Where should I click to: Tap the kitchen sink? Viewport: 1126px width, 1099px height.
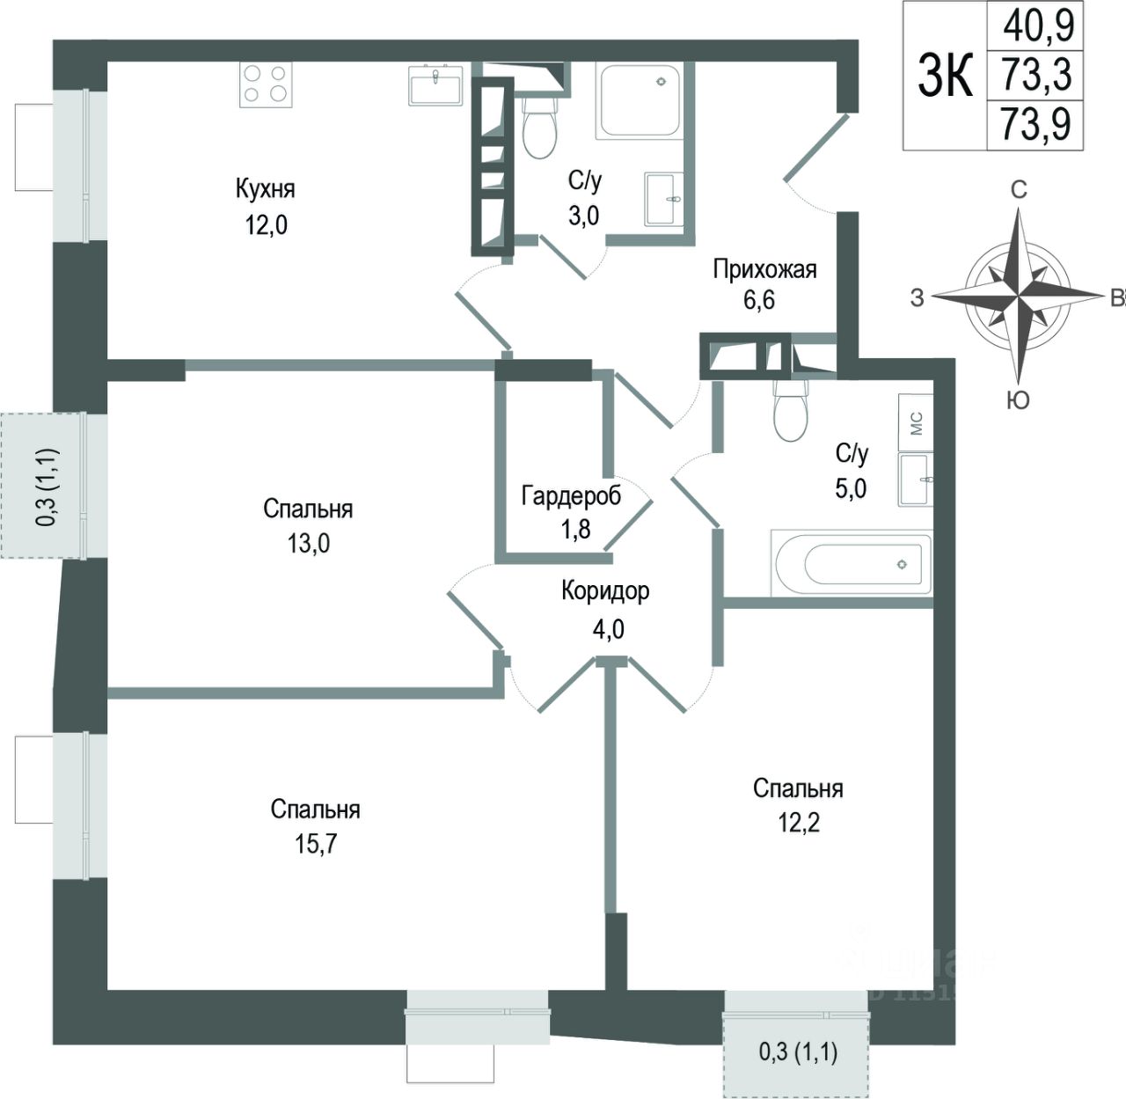point(435,86)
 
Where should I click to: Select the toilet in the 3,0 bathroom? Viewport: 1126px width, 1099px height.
point(539,128)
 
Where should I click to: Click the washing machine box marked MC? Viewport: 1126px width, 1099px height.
point(916,422)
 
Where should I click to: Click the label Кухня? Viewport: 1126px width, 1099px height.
point(266,188)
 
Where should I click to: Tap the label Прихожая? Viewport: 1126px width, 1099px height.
point(764,268)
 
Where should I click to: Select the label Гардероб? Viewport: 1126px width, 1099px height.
point(571,495)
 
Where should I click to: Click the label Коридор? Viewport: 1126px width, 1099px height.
point(605,590)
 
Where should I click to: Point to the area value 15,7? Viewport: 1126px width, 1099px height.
point(316,845)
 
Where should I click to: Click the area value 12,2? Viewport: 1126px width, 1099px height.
point(799,823)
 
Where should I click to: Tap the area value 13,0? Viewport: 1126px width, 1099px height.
point(308,543)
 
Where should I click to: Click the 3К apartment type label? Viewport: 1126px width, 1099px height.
point(946,75)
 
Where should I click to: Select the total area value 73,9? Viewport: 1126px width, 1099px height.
point(1036,124)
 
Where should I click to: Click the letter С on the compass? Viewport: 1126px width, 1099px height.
point(1019,189)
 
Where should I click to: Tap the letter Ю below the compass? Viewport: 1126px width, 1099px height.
point(1018,401)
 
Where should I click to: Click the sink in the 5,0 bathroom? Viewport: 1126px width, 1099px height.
point(917,480)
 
